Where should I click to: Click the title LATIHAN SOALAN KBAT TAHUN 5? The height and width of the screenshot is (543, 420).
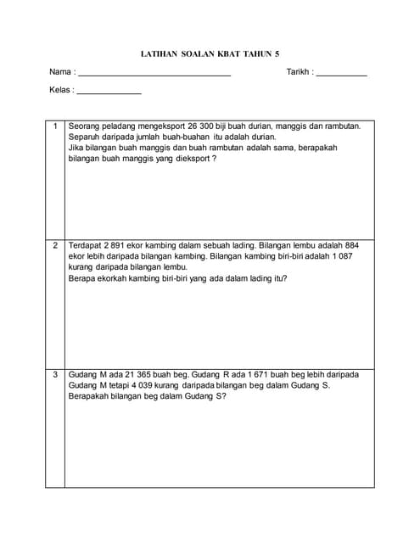pos(209,53)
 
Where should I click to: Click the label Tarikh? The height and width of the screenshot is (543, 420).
pos(299,72)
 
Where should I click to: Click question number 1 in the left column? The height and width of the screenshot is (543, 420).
pos(55,126)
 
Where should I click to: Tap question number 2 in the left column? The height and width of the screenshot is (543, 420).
pos(55,245)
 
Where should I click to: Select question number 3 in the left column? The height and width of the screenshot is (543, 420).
pos(55,374)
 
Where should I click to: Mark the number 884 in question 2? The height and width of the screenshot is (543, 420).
pos(359,245)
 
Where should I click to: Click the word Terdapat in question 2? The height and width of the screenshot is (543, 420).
pos(87,245)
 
